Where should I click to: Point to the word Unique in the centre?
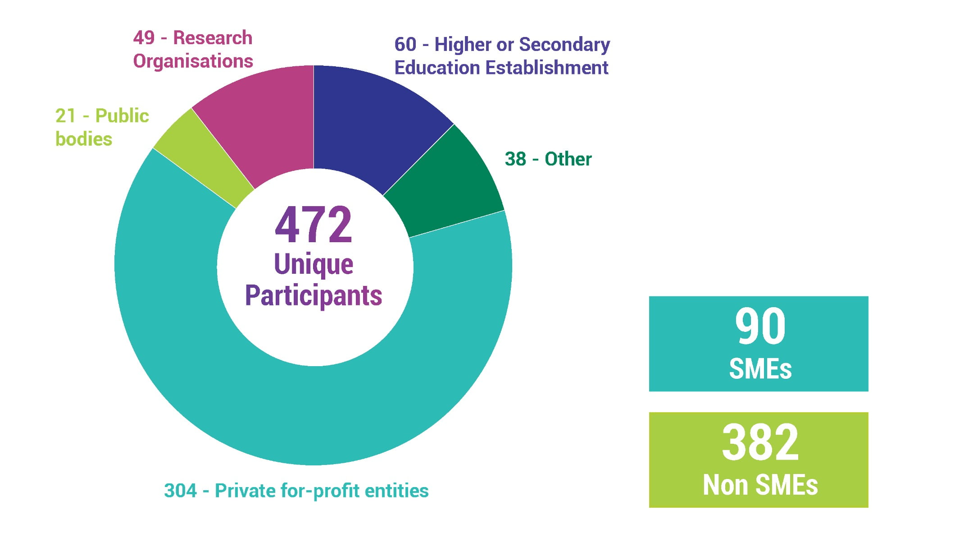point(314,264)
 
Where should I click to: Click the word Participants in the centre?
point(314,296)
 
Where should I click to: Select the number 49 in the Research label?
point(144,38)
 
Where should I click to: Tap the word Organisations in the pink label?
point(193,61)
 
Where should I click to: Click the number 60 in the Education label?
point(405,45)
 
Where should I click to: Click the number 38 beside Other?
point(515,159)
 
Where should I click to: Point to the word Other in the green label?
point(568,159)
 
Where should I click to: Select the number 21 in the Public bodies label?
point(66,116)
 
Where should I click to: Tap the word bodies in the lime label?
point(84,139)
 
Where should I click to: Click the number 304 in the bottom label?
point(180,491)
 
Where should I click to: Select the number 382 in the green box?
point(760,443)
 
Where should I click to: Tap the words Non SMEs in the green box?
point(760,485)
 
